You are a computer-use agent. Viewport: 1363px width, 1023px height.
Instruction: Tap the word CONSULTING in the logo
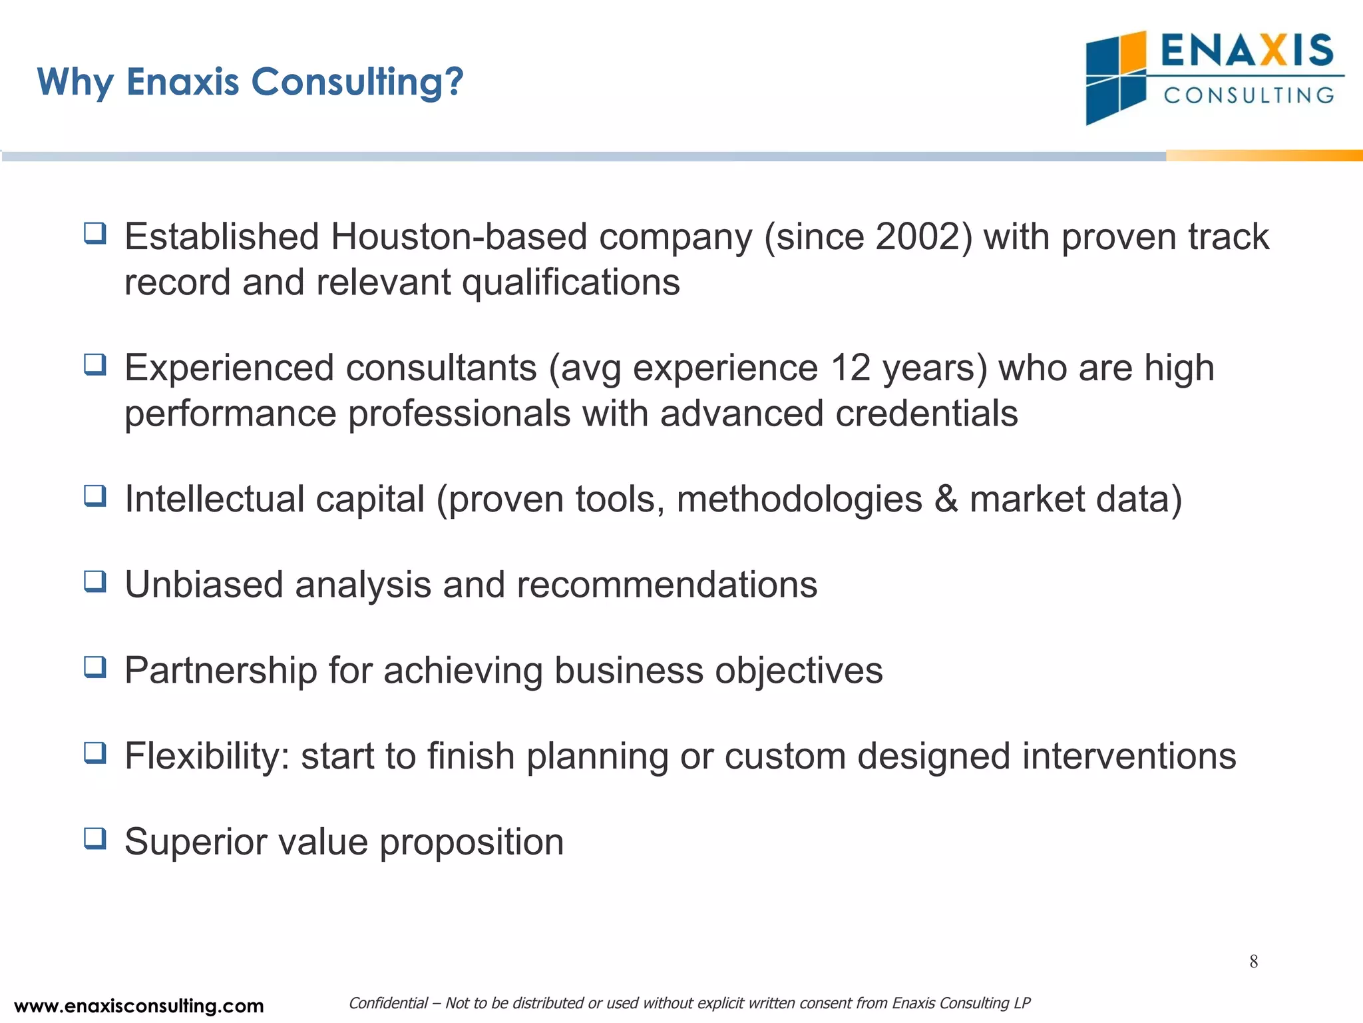coord(1249,95)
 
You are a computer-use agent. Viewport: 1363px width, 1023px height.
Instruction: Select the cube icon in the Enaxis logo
coord(1116,78)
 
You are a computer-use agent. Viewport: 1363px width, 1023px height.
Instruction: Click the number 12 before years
coord(851,368)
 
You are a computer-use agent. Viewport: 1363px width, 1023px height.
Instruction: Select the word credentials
coord(926,413)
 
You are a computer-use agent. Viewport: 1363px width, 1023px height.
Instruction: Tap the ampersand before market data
coord(946,499)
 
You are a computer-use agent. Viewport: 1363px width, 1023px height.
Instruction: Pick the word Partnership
coord(220,670)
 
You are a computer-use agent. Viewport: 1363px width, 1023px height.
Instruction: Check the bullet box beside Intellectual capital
coord(95,496)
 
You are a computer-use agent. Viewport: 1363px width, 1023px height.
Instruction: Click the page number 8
coord(1253,961)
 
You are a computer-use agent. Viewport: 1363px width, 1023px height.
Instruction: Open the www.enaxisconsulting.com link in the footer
coord(138,1006)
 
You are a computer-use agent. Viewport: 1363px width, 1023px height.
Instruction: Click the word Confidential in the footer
coord(388,1003)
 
